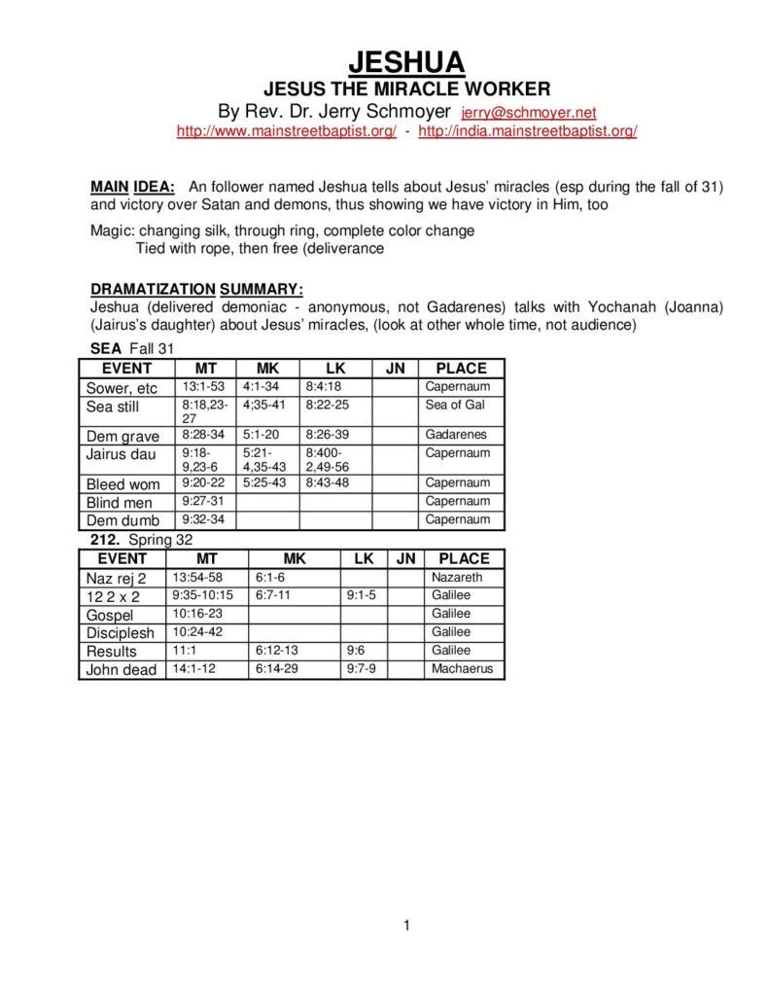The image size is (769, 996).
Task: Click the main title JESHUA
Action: pyautogui.click(x=406, y=63)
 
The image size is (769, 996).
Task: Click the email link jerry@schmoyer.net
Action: pyautogui.click(x=528, y=114)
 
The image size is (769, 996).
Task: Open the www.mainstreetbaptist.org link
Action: pyautogui.click(x=286, y=132)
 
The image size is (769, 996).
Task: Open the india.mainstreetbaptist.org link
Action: pyautogui.click(x=528, y=132)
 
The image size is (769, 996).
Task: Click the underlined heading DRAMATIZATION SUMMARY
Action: pyautogui.click(x=196, y=289)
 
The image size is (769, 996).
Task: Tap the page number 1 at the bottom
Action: pyautogui.click(x=406, y=925)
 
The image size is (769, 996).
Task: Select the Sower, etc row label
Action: pyautogui.click(x=122, y=387)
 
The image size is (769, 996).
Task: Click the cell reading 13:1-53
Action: pyautogui.click(x=204, y=387)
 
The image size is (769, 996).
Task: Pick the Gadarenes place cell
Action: pyautogui.click(x=456, y=435)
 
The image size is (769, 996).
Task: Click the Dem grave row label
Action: pyautogui.click(x=122, y=436)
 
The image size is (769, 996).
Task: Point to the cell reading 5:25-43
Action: pyautogui.click(x=264, y=482)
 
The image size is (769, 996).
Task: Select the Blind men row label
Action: pyautogui.click(x=120, y=502)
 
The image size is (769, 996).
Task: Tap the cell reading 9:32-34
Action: pyautogui.click(x=203, y=519)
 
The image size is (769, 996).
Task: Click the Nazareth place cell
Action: pyautogui.click(x=457, y=577)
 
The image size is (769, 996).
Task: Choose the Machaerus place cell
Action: pyautogui.click(x=462, y=669)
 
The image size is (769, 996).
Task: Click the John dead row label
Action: pyautogui.click(x=122, y=670)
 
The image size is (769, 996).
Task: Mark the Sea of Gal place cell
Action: pyautogui.click(x=454, y=405)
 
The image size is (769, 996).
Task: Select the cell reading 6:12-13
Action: pyautogui.click(x=278, y=651)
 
